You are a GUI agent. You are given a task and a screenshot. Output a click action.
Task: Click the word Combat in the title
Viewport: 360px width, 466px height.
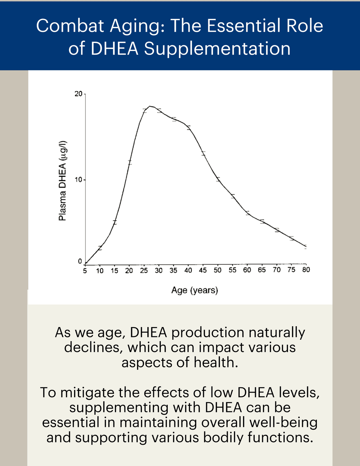tap(70, 26)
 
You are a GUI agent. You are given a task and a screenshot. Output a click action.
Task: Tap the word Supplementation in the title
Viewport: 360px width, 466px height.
tap(217, 49)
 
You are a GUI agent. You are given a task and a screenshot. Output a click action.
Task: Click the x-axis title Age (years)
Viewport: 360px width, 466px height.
tap(195, 290)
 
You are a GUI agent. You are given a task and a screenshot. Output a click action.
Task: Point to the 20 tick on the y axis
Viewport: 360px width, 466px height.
tap(78, 94)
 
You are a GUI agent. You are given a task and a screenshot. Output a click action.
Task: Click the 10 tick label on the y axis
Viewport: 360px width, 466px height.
tap(78, 180)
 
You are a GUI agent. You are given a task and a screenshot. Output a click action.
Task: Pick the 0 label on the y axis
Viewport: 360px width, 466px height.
tap(80, 261)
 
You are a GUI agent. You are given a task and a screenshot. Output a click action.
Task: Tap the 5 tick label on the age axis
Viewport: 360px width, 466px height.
tap(85, 271)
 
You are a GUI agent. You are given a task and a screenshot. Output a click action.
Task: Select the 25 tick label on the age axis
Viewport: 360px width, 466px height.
tap(144, 271)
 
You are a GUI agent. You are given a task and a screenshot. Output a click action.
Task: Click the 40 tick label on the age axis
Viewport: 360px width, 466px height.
tap(188, 270)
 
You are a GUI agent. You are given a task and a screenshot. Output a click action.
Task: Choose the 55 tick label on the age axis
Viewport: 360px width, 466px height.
tap(232, 270)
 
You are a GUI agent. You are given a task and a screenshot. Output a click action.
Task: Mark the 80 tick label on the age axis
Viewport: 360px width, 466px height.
tap(306, 269)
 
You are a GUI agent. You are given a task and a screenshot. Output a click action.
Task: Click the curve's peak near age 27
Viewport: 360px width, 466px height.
tap(150, 106)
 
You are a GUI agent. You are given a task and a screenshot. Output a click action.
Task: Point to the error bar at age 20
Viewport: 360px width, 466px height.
tap(130, 163)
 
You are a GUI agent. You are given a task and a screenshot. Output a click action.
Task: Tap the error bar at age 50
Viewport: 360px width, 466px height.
tap(218, 179)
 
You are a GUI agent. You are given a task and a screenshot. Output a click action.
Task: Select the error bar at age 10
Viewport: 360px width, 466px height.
tap(100, 248)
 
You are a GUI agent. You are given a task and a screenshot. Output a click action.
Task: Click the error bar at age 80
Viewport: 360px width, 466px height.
tap(305, 247)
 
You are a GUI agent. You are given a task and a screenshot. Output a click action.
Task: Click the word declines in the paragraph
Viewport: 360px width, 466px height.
tap(94, 347)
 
